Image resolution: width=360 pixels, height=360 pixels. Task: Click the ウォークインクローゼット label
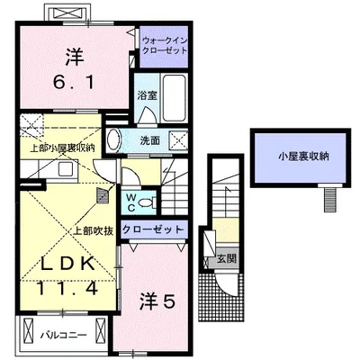[x=165, y=45]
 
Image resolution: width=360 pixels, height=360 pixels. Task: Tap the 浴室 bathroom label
[x=148, y=95]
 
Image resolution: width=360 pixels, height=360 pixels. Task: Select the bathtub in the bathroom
[x=174, y=97]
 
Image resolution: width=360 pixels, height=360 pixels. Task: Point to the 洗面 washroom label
[x=150, y=140]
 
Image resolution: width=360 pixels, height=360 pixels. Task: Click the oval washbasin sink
[x=113, y=139]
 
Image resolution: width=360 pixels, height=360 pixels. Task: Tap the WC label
[x=130, y=202]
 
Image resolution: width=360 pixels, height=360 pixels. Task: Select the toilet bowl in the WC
[x=148, y=202]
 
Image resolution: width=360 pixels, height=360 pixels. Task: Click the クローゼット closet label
[x=153, y=229]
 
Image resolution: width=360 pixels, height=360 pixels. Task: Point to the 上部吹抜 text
[x=94, y=230]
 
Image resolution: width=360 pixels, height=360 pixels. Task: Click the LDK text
[x=68, y=264]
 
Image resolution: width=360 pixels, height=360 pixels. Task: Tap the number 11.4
[x=67, y=289]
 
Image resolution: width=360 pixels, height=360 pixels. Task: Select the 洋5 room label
[x=157, y=302]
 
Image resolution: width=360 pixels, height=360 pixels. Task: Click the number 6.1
[x=74, y=81]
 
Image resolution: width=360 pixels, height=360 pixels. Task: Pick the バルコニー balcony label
[x=64, y=335]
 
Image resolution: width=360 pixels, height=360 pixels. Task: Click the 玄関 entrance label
[x=227, y=258]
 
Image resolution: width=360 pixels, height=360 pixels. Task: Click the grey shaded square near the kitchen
[x=103, y=195]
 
